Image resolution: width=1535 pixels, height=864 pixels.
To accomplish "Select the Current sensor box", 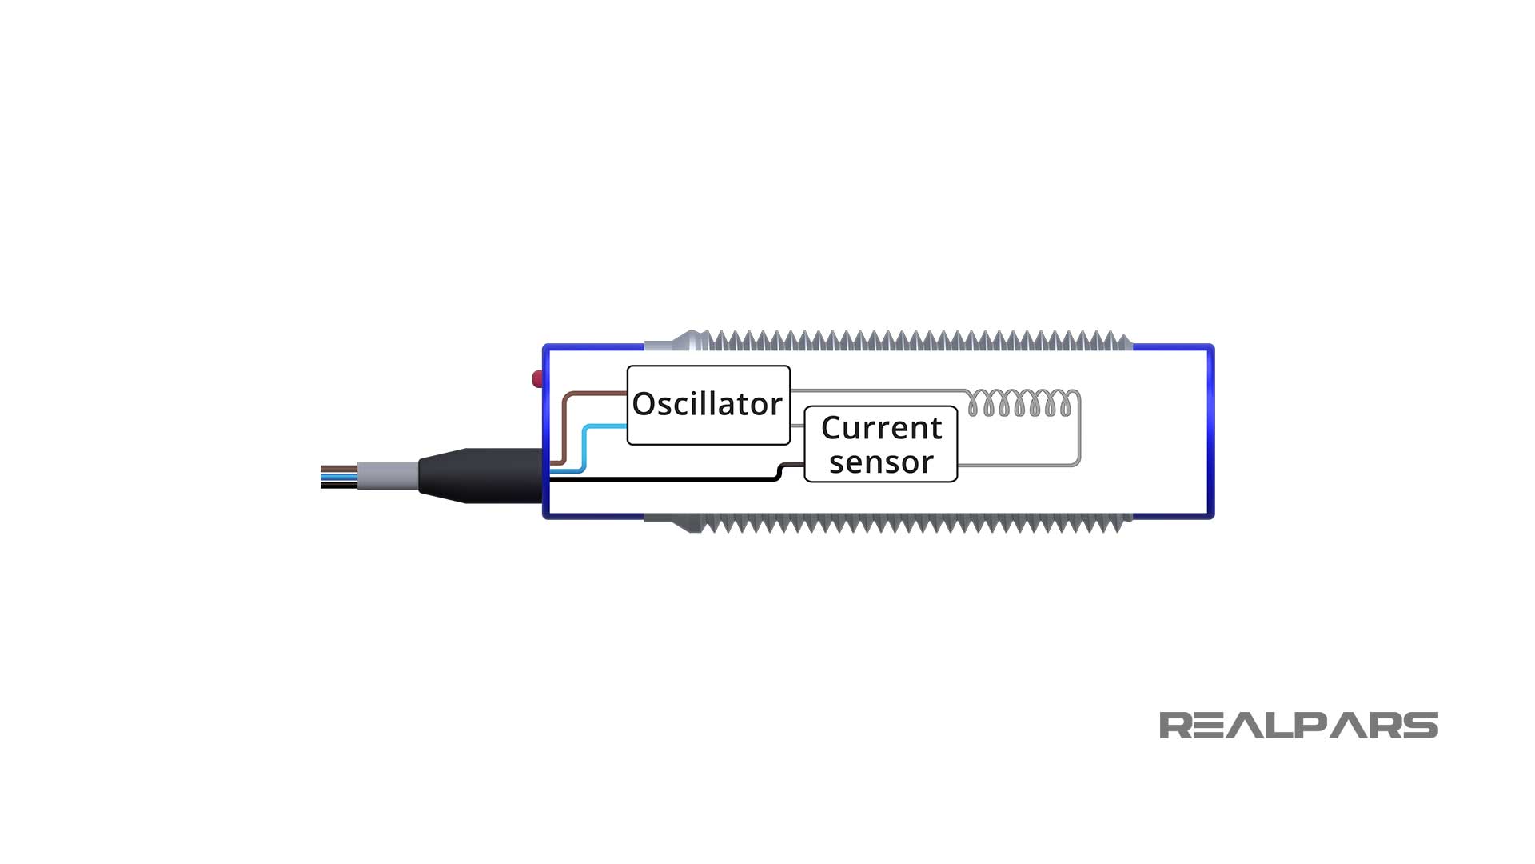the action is point(880,444).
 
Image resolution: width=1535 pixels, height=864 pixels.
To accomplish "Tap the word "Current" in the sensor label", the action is point(881,428).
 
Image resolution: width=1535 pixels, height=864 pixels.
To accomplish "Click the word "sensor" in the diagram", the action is point(881,462).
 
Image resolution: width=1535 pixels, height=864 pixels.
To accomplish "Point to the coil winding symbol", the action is point(1019,402).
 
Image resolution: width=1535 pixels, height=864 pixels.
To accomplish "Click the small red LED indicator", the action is point(537,378).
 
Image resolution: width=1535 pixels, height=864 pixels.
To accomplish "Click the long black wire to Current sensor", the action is point(664,479).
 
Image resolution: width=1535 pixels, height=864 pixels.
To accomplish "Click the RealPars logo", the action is point(1298,726).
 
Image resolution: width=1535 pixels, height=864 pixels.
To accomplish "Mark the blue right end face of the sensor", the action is point(1210,432).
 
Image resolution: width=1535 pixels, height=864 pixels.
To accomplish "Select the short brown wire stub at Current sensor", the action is point(793,465).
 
